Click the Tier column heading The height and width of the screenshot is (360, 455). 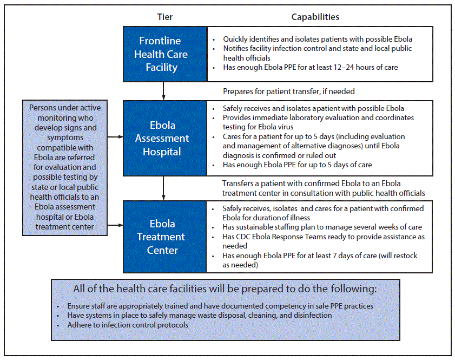pos(165,17)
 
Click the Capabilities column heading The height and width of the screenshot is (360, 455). pos(315,17)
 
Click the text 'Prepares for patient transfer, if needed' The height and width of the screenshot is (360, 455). pos(289,91)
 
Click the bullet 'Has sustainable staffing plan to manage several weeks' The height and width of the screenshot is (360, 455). pos(322,227)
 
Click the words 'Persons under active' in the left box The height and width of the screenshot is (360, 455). pos(65,108)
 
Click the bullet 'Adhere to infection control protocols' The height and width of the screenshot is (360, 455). pos(128,325)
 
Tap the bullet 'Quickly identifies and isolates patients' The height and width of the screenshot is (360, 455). pos(317,39)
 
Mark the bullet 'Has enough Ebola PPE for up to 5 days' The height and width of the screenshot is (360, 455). pos(297,165)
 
